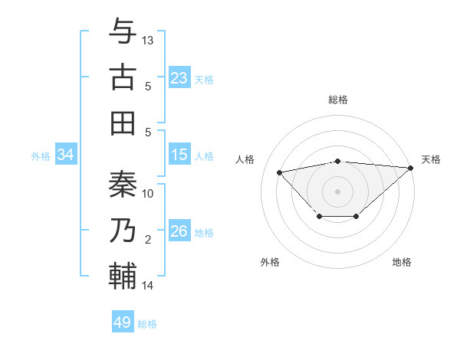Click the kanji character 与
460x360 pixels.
[x=123, y=32]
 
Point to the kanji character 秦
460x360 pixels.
[x=123, y=184]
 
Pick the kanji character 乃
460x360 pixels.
[x=123, y=229]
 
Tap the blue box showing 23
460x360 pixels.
[x=179, y=77]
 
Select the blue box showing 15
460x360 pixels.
[x=179, y=155]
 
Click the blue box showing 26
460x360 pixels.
[x=179, y=231]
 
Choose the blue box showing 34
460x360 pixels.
[x=66, y=155]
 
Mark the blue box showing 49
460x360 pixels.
[x=123, y=322]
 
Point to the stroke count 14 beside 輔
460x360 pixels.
[x=148, y=286]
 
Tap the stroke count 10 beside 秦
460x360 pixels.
[x=148, y=193]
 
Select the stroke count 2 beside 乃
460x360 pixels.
[x=148, y=240]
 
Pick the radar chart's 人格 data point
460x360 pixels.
[x=279, y=172]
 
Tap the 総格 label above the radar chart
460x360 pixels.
[x=338, y=100]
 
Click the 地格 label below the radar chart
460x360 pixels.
[x=402, y=262]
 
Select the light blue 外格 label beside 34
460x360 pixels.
[x=41, y=156]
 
